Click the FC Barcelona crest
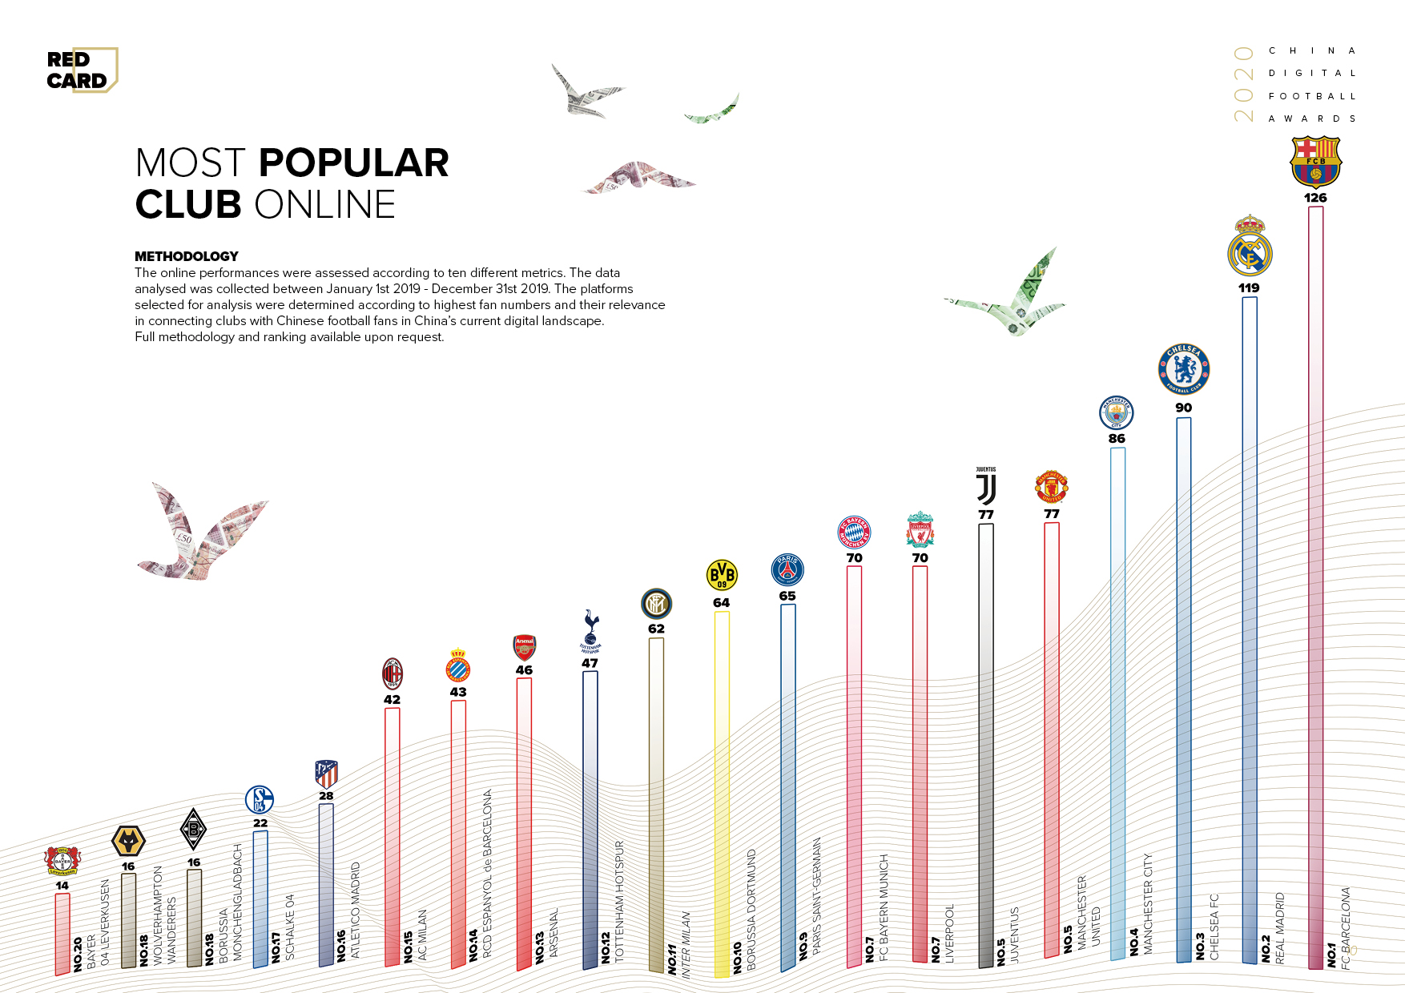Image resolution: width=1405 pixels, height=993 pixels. (x=1315, y=162)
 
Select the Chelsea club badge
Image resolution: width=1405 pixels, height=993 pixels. (x=1183, y=370)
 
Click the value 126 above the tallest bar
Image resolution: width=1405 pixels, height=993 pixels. (x=1315, y=198)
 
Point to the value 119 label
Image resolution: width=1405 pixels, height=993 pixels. (x=1249, y=288)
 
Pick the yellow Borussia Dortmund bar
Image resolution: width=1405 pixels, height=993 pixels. (x=722, y=793)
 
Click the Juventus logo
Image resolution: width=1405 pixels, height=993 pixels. (x=986, y=487)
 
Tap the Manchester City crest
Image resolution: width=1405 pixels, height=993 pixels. (x=1117, y=412)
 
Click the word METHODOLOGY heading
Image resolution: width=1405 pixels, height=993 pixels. (x=187, y=256)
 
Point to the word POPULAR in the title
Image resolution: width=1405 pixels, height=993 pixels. (x=353, y=163)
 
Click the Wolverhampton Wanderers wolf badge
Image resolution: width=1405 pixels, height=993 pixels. (x=128, y=842)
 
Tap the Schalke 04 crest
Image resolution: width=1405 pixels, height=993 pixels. (x=260, y=800)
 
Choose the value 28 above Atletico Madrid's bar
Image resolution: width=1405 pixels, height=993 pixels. (x=326, y=796)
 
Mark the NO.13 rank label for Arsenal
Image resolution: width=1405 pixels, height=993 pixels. (x=540, y=947)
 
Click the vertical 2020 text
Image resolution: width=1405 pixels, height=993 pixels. (x=1243, y=85)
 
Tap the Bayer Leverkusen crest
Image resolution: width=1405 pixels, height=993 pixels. (x=62, y=862)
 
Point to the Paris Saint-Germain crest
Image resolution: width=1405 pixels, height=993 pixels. (x=787, y=570)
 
